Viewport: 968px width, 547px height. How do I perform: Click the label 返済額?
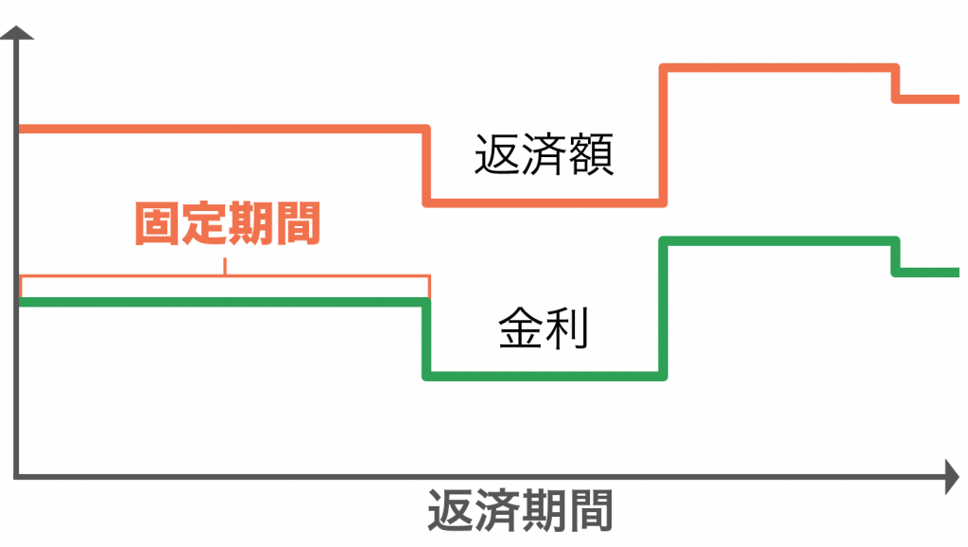[x=544, y=154]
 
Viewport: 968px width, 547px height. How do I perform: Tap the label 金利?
[x=544, y=327]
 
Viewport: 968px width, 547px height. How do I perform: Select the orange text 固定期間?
[x=228, y=223]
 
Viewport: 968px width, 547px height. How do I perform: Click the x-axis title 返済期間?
[x=521, y=510]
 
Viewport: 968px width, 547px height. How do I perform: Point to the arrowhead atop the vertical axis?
[x=17, y=33]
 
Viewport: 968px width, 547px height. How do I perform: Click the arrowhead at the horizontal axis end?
[x=953, y=477]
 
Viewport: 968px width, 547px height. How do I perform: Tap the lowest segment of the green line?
[x=544, y=376]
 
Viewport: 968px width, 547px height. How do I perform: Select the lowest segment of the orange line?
[x=544, y=203]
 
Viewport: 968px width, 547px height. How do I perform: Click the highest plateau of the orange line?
[x=780, y=67]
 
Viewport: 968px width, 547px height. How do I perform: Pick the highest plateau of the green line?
[x=780, y=241]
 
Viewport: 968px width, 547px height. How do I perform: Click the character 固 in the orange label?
[x=158, y=223]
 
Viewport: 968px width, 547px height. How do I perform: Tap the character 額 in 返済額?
[x=591, y=154]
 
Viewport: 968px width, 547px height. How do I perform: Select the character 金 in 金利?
[x=521, y=327]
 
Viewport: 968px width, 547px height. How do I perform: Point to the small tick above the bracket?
[x=225, y=266]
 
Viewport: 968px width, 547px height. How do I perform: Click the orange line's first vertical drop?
[x=426, y=166]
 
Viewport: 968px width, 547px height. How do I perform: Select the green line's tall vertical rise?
[x=663, y=309]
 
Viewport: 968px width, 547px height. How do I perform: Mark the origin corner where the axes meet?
[x=17, y=477]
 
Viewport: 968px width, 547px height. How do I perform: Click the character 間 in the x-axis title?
[x=591, y=510]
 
